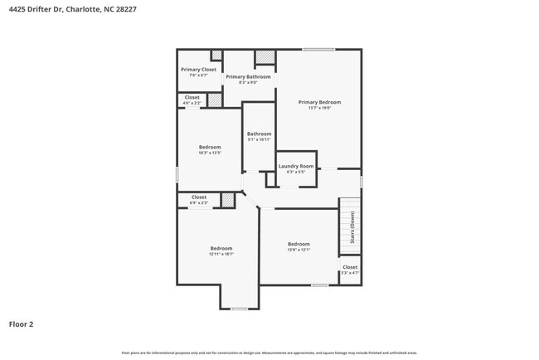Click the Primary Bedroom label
[x=319, y=102]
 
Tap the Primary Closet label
[x=198, y=70]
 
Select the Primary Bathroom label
[x=248, y=77]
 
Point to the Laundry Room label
[x=295, y=166]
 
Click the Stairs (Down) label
[x=352, y=227]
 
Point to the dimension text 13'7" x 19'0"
[x=319, y=108]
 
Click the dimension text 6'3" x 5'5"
[x=295, y=172]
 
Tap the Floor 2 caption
[x=22, y=324]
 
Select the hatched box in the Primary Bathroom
[x=265, y=57]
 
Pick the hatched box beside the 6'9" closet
[x=227, y=199]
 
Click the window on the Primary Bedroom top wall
[x=318, y=50]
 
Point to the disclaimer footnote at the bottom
[x=269, y=353]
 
